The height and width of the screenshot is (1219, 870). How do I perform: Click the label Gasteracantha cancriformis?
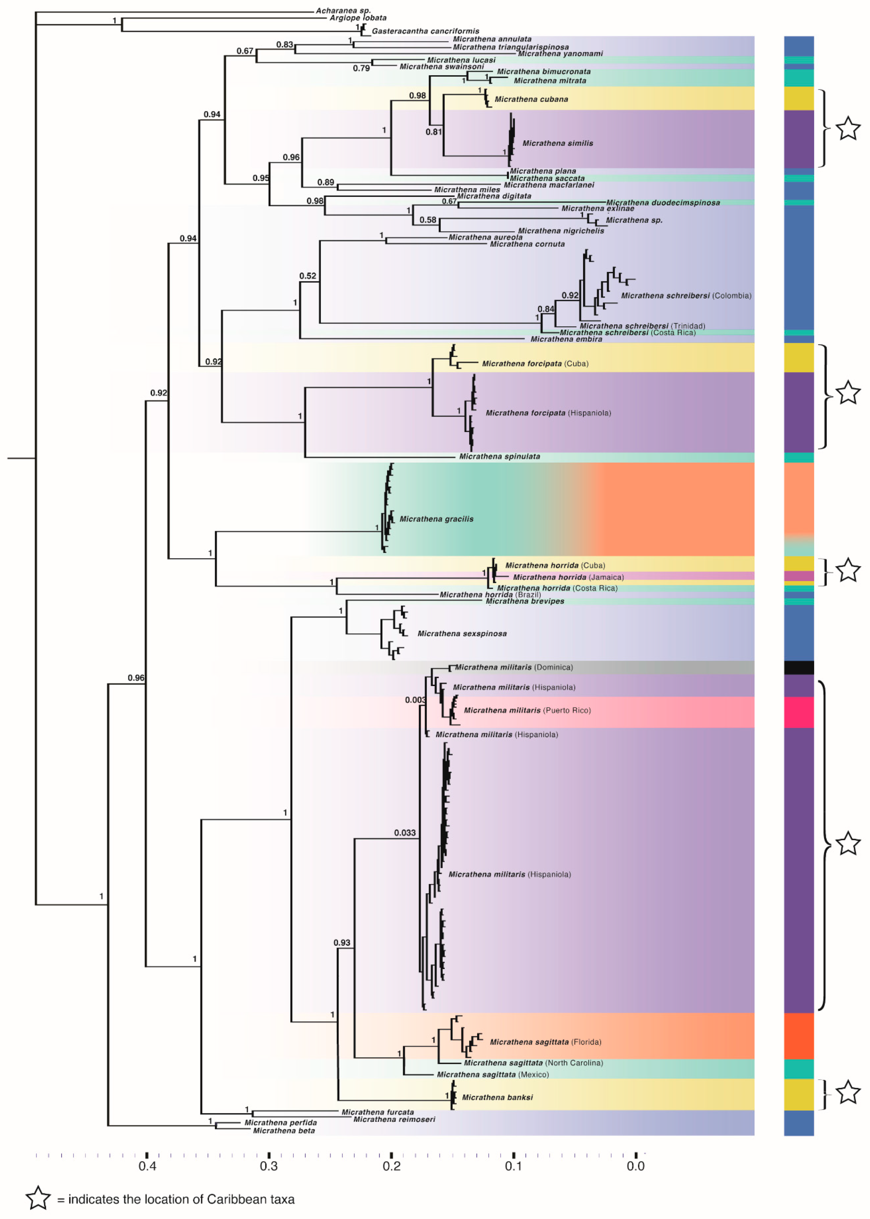point(425,31)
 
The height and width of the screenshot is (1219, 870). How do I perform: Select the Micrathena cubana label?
point(531,99)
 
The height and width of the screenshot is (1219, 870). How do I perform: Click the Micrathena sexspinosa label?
point(462,633)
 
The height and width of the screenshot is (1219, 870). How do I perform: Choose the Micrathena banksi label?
point(497,1097)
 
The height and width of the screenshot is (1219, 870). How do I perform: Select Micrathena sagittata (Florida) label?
point(545,1042)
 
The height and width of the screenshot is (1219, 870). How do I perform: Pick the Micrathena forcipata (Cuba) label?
point(535,364)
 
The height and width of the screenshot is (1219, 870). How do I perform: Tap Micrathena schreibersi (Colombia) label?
point(686,296)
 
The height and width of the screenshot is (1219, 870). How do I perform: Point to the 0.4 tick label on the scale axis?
point(147,1166)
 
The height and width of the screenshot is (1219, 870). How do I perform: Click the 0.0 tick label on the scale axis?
point(635,1166)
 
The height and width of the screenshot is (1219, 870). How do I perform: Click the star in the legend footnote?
point(38,1198)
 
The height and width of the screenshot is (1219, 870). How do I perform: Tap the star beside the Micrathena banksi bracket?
point(848,1092)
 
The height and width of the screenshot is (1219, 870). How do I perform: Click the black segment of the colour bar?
point(798,667)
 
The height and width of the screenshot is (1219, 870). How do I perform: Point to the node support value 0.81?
point(433,132)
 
